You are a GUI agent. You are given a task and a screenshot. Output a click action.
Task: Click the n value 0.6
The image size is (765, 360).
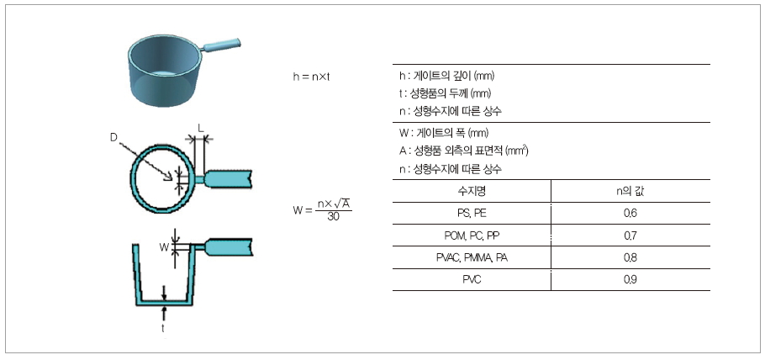(x=630, y=214)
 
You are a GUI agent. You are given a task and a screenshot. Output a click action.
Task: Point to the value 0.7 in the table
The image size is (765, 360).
(x=630, y=236)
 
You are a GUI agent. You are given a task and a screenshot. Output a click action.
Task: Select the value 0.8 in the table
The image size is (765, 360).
(x=630, y=257)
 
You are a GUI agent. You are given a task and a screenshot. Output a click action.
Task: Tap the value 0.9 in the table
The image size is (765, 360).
(x=630, y=279)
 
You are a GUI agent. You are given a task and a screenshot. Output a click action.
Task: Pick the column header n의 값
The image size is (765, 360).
(x=630, y=192)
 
